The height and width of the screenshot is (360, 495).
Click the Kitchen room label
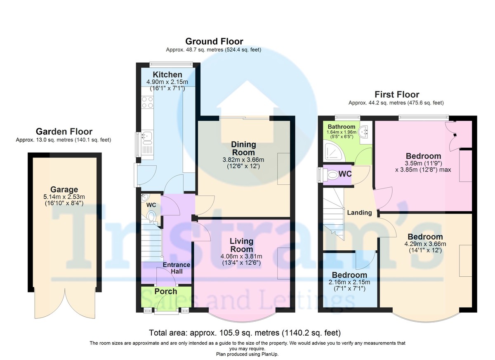(167, 75)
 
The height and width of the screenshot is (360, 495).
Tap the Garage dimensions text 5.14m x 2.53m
(64, 197)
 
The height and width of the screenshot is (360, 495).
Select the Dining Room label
(243, 148)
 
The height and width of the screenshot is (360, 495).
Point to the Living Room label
(241, 245)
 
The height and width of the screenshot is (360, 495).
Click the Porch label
(166, 291)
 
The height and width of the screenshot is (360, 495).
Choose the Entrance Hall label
(176, 268)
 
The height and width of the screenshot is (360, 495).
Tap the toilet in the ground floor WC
(152, 216)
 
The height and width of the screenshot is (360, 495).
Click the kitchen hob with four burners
(147, 102)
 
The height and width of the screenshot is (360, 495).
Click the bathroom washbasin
(364, 132)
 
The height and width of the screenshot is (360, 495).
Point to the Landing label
(359, 213)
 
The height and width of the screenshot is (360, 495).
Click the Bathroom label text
(342, 127)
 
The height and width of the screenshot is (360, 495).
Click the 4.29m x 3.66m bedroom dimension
(425, 244)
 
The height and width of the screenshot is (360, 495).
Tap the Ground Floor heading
(214, 41)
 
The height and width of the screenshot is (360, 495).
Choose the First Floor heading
(396, 94)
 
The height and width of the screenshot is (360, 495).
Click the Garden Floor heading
(64, 132)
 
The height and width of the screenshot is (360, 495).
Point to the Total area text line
(244, 332)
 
